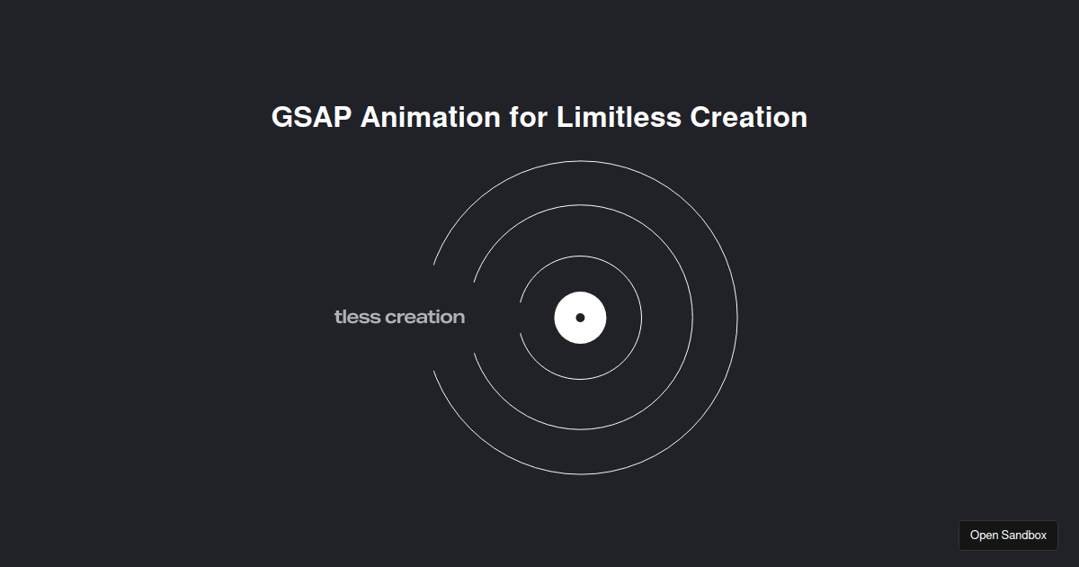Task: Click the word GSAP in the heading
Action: (x=311, y=117)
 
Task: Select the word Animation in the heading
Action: (x=431, y=117)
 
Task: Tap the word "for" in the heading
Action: (x=529, y=117)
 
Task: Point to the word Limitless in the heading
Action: (x=619, y=117)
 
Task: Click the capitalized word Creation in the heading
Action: (x=748, y=117)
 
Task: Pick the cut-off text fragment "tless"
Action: (x=357, y=317)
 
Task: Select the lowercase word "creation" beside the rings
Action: (x=424, y=317)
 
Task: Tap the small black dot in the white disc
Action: (x=580, y=318)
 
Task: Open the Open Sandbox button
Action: (x=1008, y=535)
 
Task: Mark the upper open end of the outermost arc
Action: (x=433, y=265)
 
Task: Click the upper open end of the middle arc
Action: (x=474, y=282)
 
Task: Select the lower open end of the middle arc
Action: (x=474, y=354)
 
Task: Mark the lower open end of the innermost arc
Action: (x=520, y=333)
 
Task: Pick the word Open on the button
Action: (x=984, y=535)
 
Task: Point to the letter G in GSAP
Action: (x=282, y=117)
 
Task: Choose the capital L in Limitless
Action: (x=563, y=117)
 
